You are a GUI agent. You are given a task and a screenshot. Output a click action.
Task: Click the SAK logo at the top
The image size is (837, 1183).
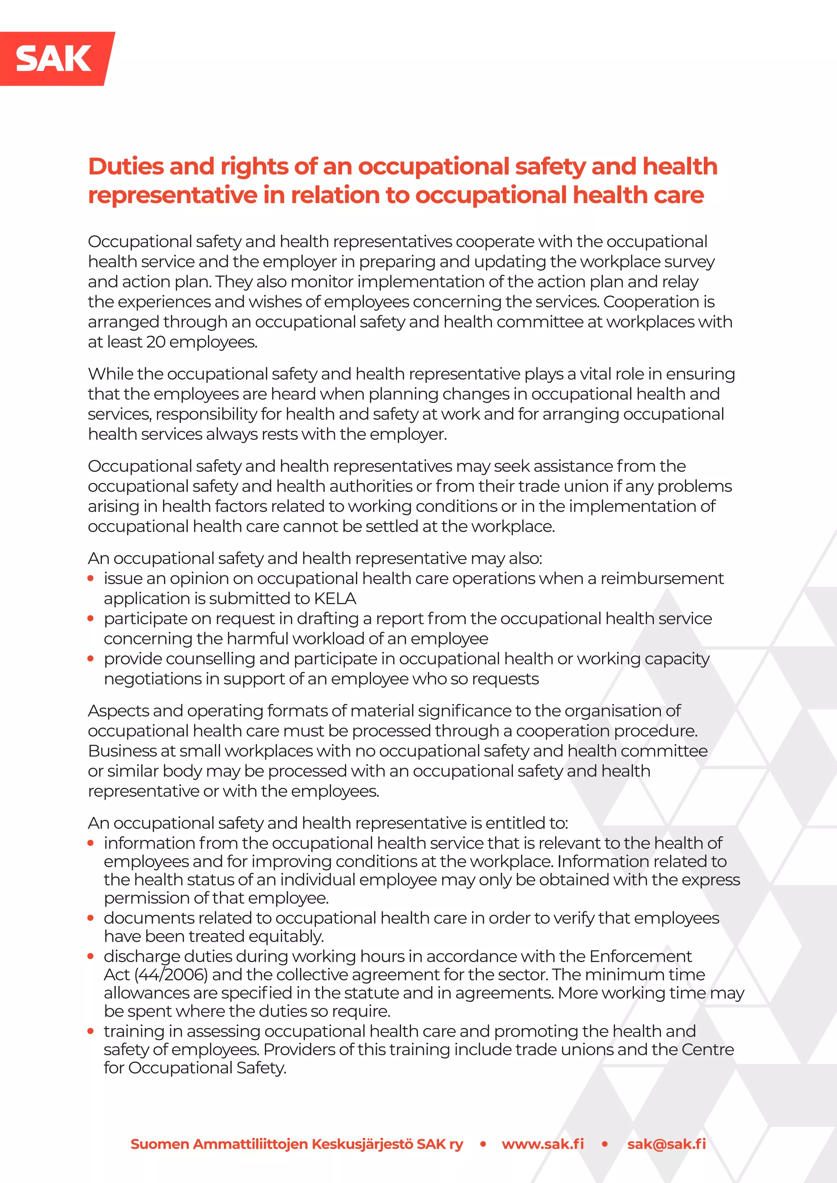[x=54, y=59]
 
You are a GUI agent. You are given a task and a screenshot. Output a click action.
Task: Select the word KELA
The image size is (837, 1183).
[x=335, y=599]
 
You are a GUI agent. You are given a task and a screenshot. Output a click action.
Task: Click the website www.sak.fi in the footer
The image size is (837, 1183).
[x=543, y=1144]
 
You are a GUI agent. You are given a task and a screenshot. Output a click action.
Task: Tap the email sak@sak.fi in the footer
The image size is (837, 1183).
[x=667, y=1144]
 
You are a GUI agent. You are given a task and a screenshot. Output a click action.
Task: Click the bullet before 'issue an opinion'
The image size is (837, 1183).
[x=91, y=578]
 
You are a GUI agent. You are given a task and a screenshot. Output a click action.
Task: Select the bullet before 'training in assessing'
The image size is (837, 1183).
[x=91, y=1031]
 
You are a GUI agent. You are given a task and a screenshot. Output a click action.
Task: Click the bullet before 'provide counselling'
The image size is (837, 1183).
[x=91, y=659]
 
